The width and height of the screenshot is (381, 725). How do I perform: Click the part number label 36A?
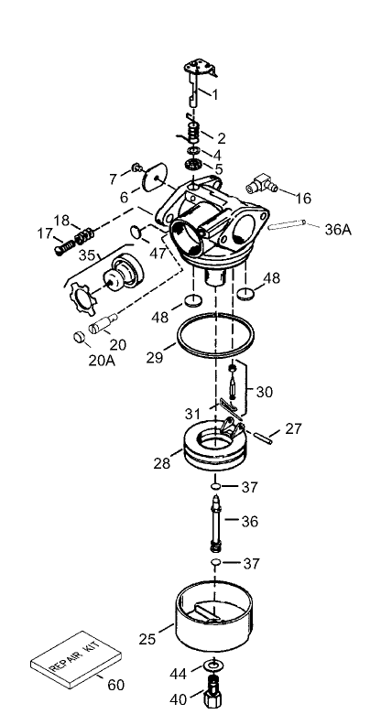pos(338,230)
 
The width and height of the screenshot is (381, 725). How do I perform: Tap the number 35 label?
pos(88,255)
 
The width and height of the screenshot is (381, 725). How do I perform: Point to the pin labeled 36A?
pos(291,222)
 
